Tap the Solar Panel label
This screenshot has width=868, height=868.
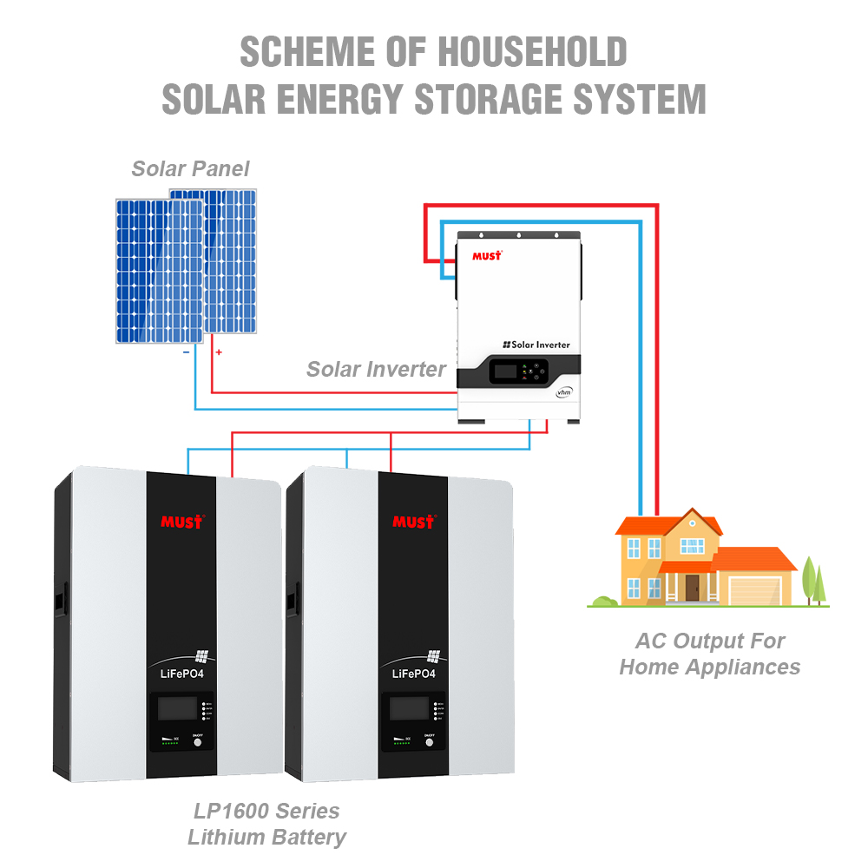click(x=190, y=168)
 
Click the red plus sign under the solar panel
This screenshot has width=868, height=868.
click(x=219, y=352)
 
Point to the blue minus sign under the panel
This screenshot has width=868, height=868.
click(x=186, y=352)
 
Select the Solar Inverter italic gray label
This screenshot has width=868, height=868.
click(x=376, y=369)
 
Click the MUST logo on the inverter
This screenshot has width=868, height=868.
click(x=487, y=255)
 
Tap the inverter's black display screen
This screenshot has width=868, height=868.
click(x=505, y=372)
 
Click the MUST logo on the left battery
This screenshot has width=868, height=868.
click(x=181, y=522)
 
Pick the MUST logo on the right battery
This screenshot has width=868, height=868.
click(x=413, y=522)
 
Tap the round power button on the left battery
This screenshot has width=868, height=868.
click(x=197, y=741)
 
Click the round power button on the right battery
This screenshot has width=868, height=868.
click(x=429, y=741)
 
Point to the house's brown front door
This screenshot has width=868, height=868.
click(x=692, y=588)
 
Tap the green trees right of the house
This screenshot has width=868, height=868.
click(x=813, y=577)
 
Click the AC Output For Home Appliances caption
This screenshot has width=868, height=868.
click(x=710, y=654)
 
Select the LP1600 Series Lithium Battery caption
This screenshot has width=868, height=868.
click(x=266, y=825)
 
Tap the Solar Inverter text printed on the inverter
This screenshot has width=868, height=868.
click(x=536, y=345)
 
